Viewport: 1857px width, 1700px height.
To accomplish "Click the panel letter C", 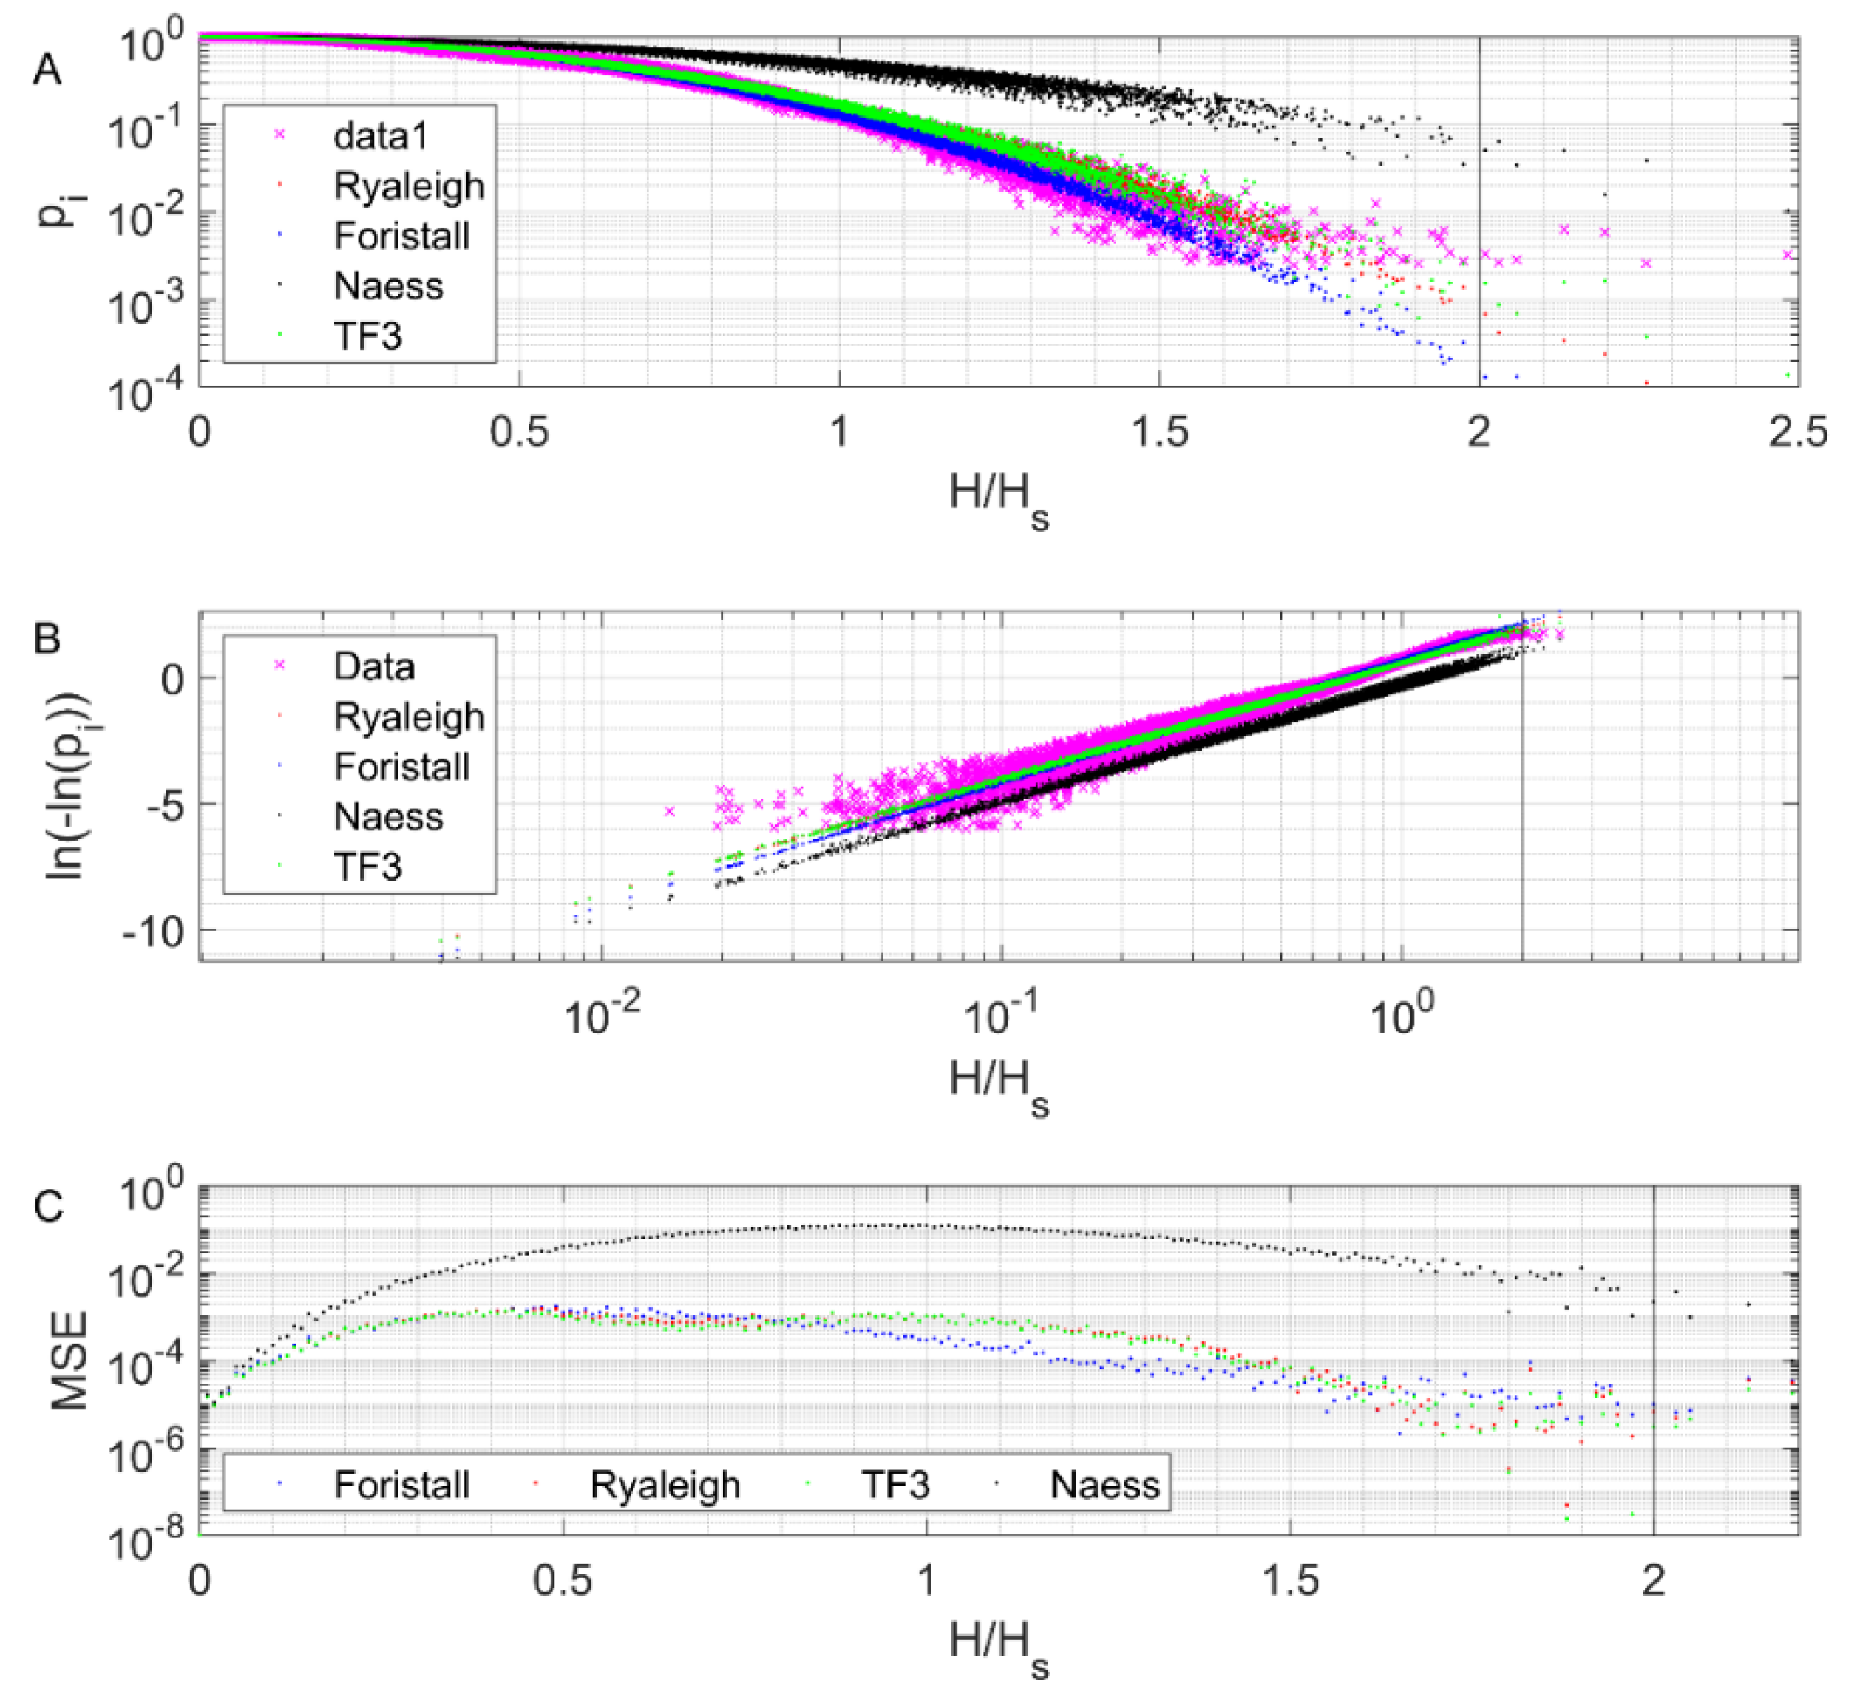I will point(48,1206).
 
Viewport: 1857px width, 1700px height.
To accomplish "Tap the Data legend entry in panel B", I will point(374,666).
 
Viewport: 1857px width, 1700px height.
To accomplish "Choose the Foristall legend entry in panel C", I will point(401,1486).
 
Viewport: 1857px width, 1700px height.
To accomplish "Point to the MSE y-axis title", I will point(68,1362).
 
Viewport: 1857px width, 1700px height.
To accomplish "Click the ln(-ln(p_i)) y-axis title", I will point(68,785).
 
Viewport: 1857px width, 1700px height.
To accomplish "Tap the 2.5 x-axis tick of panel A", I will point(1797,431).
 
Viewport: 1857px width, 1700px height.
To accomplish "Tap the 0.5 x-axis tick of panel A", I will point(519,431).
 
